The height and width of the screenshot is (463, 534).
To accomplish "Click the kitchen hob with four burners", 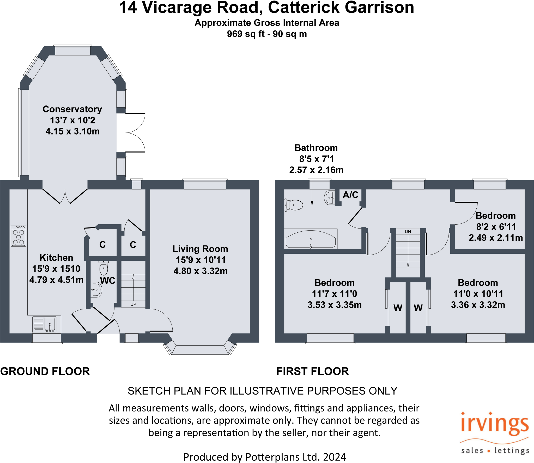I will click(x=18, y=236).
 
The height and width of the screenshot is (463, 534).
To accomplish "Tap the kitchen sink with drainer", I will click(x=44, y=324).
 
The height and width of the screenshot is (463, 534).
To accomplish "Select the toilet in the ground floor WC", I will click(x=104, y=268).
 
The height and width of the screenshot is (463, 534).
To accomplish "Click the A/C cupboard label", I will click(x=350, y=195).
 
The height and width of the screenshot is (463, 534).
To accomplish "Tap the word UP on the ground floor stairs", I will click(x=133, y=304).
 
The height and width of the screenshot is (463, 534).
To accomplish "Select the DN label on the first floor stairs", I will click(x=408, y=231).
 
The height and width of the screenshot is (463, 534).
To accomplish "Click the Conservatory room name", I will click(x=72, y=109).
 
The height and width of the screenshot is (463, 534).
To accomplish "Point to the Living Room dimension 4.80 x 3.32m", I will click(x=201, y=271).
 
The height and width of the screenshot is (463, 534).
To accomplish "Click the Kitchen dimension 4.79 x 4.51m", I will click(x=56, y=280).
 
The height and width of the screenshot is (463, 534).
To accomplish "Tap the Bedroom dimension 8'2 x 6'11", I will click(x=496, y=227).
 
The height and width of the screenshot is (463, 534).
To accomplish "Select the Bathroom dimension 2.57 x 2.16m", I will click(x=316, y=170).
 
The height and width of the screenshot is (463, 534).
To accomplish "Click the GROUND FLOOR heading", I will click(x=45, y=371).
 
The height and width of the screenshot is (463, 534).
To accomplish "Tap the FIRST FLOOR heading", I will click(x=312, y=371).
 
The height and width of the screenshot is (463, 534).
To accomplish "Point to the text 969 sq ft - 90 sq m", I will click(x=267, y=34).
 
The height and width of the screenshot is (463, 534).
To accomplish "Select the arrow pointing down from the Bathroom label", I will click(x=312, y=193).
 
